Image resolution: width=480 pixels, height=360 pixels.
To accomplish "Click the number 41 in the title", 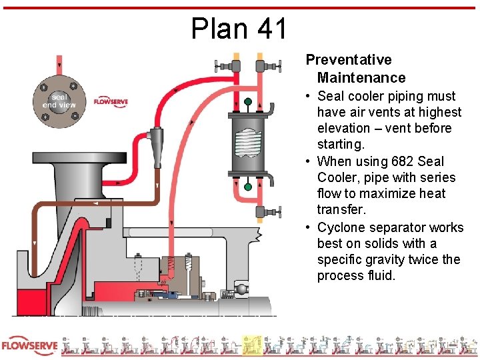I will click(x=271, y=29).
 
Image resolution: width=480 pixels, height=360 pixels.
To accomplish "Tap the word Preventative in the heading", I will click(x=349, y=61).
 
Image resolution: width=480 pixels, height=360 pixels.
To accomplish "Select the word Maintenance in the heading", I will click(x=361, y=78).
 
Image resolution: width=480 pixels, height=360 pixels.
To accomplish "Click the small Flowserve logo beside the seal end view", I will click(x=111, y=102).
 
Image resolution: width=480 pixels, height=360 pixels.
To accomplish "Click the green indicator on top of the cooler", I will click(x=248, y=102).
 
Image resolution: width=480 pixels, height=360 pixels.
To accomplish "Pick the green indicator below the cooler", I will click(x=248, y=187).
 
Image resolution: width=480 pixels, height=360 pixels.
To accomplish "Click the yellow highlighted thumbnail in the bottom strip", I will click(x=251, y=345).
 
